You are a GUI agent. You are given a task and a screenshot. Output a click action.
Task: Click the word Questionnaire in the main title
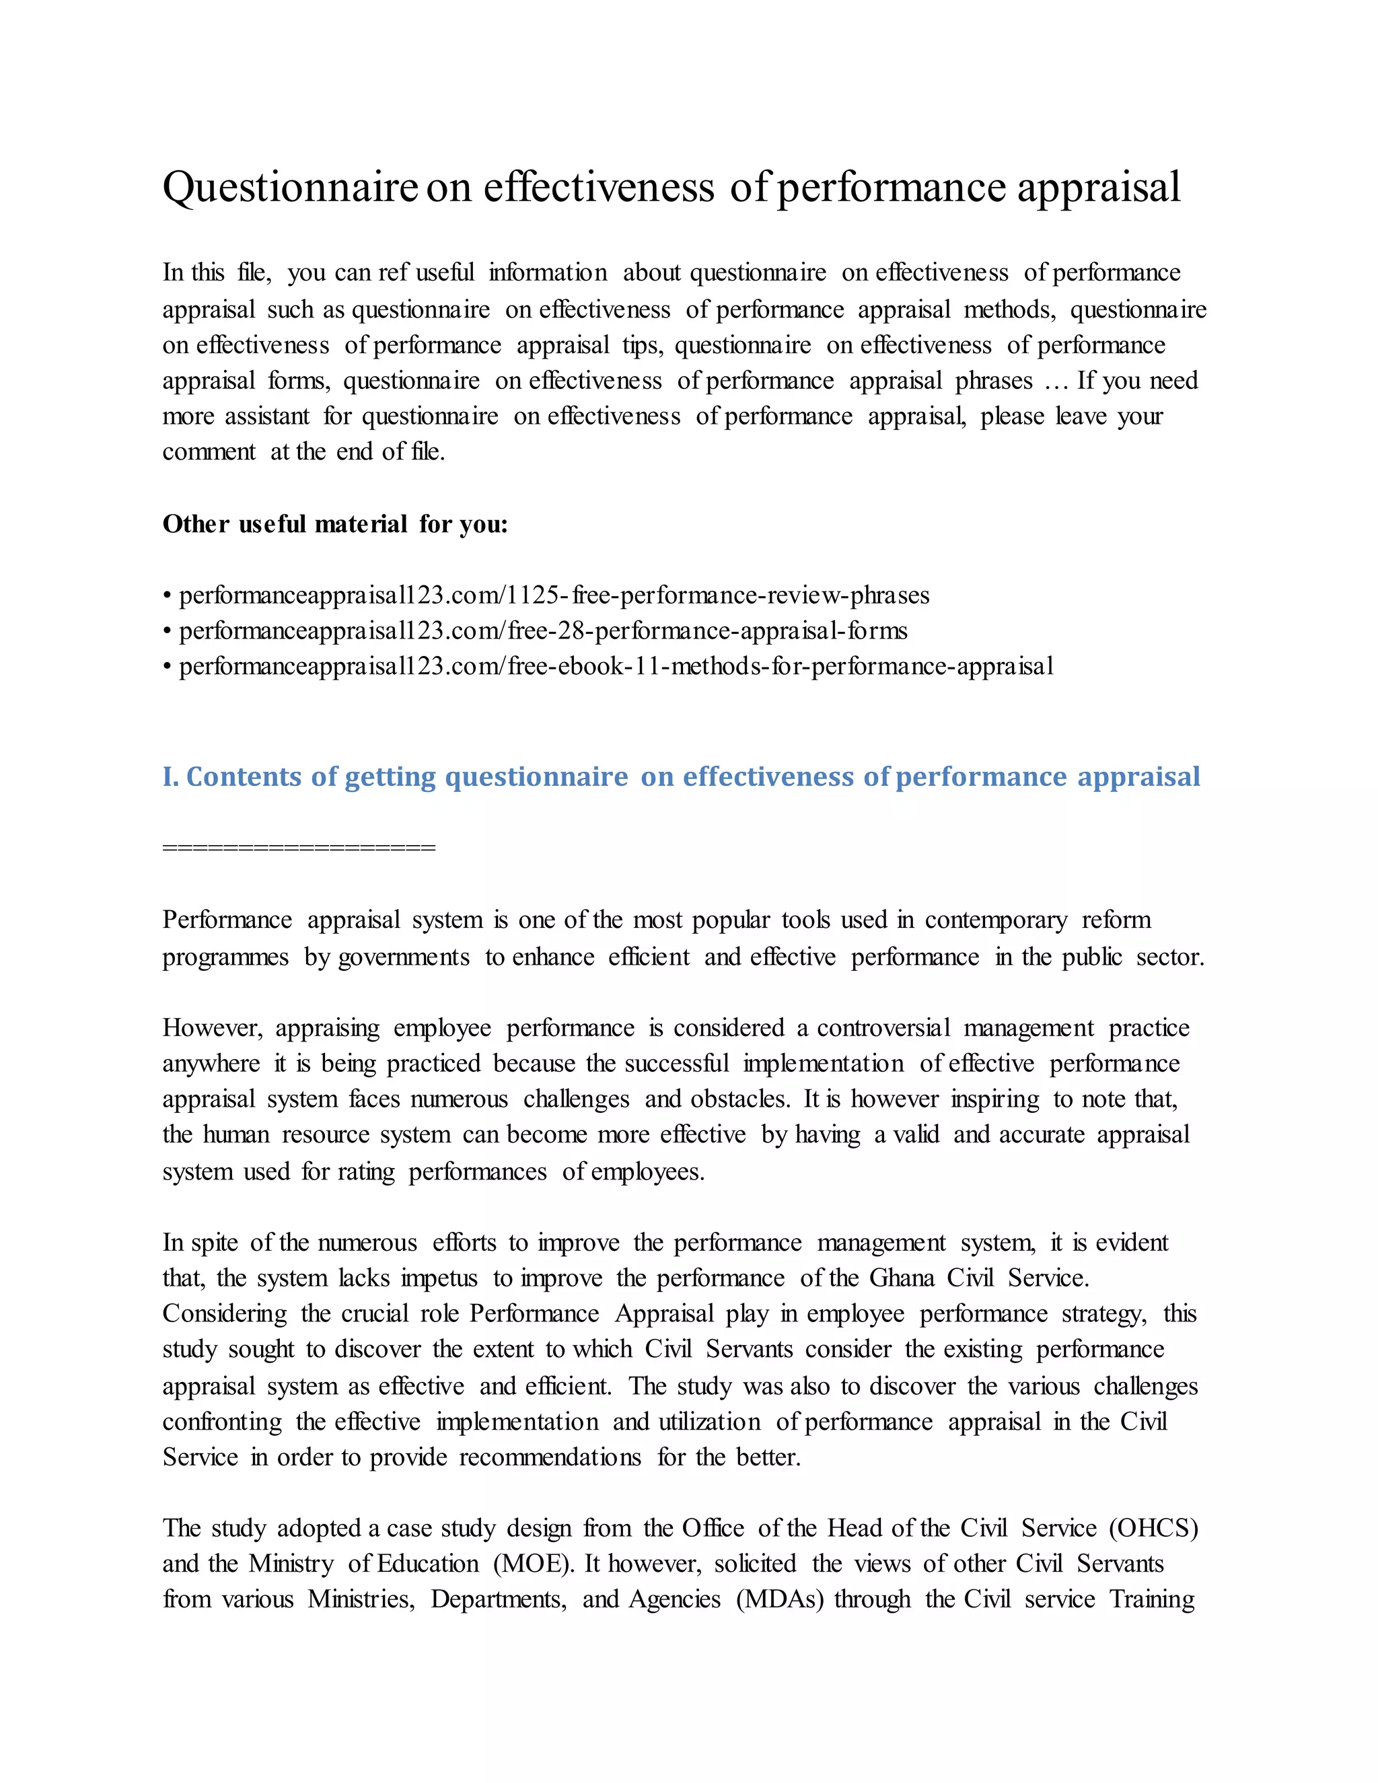pyautogui.click(x=290, y=187)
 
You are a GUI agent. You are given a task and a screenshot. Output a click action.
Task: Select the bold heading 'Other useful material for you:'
pyautogui.click(x=334, y=524)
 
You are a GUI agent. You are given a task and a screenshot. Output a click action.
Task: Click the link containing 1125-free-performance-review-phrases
pyautogui.click(x=554, y=595)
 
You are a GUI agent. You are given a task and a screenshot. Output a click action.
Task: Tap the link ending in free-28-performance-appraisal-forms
pyautogui.click(x=543, y=631)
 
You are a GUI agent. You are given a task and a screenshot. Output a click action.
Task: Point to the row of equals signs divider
pyautogui.click(x=299, y=847)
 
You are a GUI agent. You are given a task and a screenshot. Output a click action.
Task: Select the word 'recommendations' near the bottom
pyautogui.click(x=550, y=1457)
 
